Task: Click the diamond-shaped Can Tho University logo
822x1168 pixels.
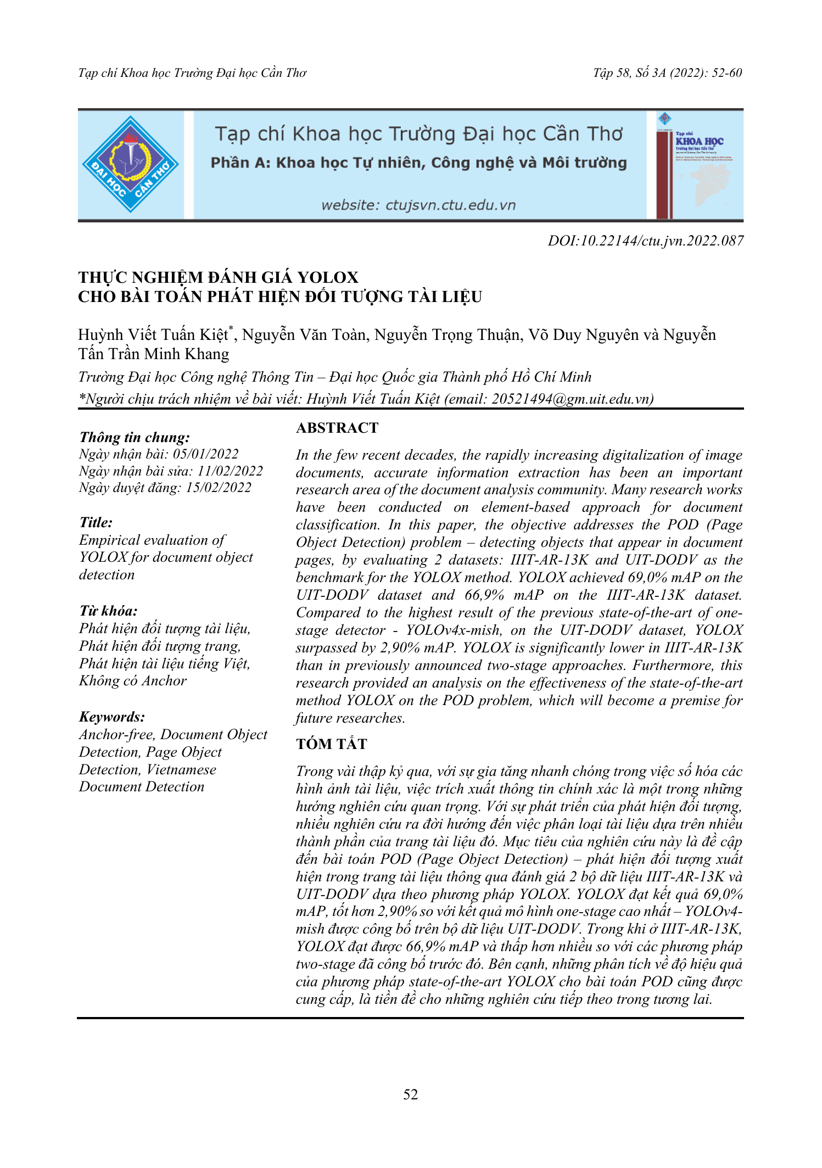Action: (x=130, y=164)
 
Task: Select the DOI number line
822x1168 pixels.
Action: (x=645, y=241)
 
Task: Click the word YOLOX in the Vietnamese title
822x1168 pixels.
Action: (x=328, y=277)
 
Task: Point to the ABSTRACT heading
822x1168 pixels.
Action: (x=337, y=428)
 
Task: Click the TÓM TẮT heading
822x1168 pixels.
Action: (x=331, y=744)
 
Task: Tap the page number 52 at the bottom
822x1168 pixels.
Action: (x=410, y=1094)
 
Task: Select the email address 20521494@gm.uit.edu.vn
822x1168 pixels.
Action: (x=570, y=399)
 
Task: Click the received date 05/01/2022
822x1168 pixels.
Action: (x=206, y=454)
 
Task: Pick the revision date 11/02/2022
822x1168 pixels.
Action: (x=230, y=471)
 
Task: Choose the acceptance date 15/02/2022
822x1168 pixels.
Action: (x=219, y=488)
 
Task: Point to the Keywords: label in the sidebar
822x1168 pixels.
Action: (x=112, y=717)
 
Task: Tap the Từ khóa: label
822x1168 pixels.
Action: (x=108, y=611)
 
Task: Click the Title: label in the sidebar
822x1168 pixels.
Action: (x=96, y=522)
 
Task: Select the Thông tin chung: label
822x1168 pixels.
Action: (x=135, y=437)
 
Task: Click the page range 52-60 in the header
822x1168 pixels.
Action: (x=726, y=73)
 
